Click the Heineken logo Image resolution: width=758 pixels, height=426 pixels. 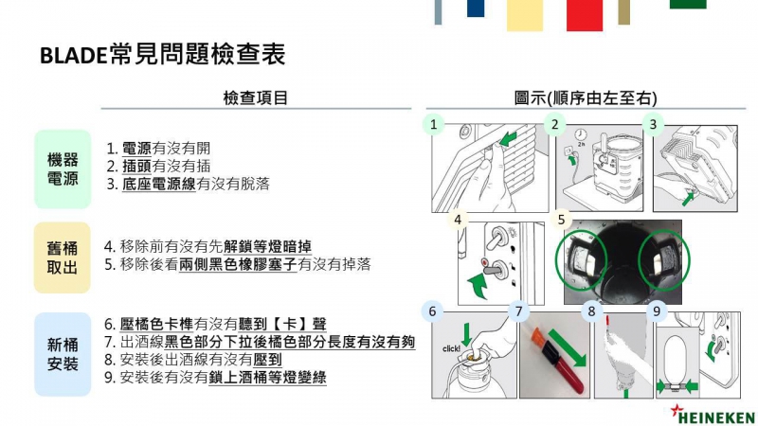(713, 415)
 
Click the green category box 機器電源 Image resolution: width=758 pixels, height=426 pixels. (63, 169)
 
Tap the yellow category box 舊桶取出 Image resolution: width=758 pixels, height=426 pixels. (63, 257)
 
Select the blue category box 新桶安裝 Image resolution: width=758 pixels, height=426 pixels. (63, 354)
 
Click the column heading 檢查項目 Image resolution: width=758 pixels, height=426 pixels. (255, 98)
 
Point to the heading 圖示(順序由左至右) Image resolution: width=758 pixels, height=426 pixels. (586, 98)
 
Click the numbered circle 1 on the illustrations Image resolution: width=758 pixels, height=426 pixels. (434, 124)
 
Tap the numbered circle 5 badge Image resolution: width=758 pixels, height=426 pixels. (561, 220)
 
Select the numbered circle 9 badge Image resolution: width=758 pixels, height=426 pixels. (657, 311)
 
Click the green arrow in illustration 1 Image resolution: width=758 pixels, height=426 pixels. (508, 139)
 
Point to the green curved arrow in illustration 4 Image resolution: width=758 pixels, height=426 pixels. (478, 285)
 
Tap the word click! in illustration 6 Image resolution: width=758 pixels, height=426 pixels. (451, 348)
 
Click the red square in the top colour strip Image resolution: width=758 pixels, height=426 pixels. (585, 15)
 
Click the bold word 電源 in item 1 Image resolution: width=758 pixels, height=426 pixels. (136, 149)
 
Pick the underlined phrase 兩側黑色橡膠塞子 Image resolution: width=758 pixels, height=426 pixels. (238, 264)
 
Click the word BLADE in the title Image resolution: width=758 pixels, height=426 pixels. (74, 55)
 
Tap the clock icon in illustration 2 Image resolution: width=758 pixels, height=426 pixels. (581, 134)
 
